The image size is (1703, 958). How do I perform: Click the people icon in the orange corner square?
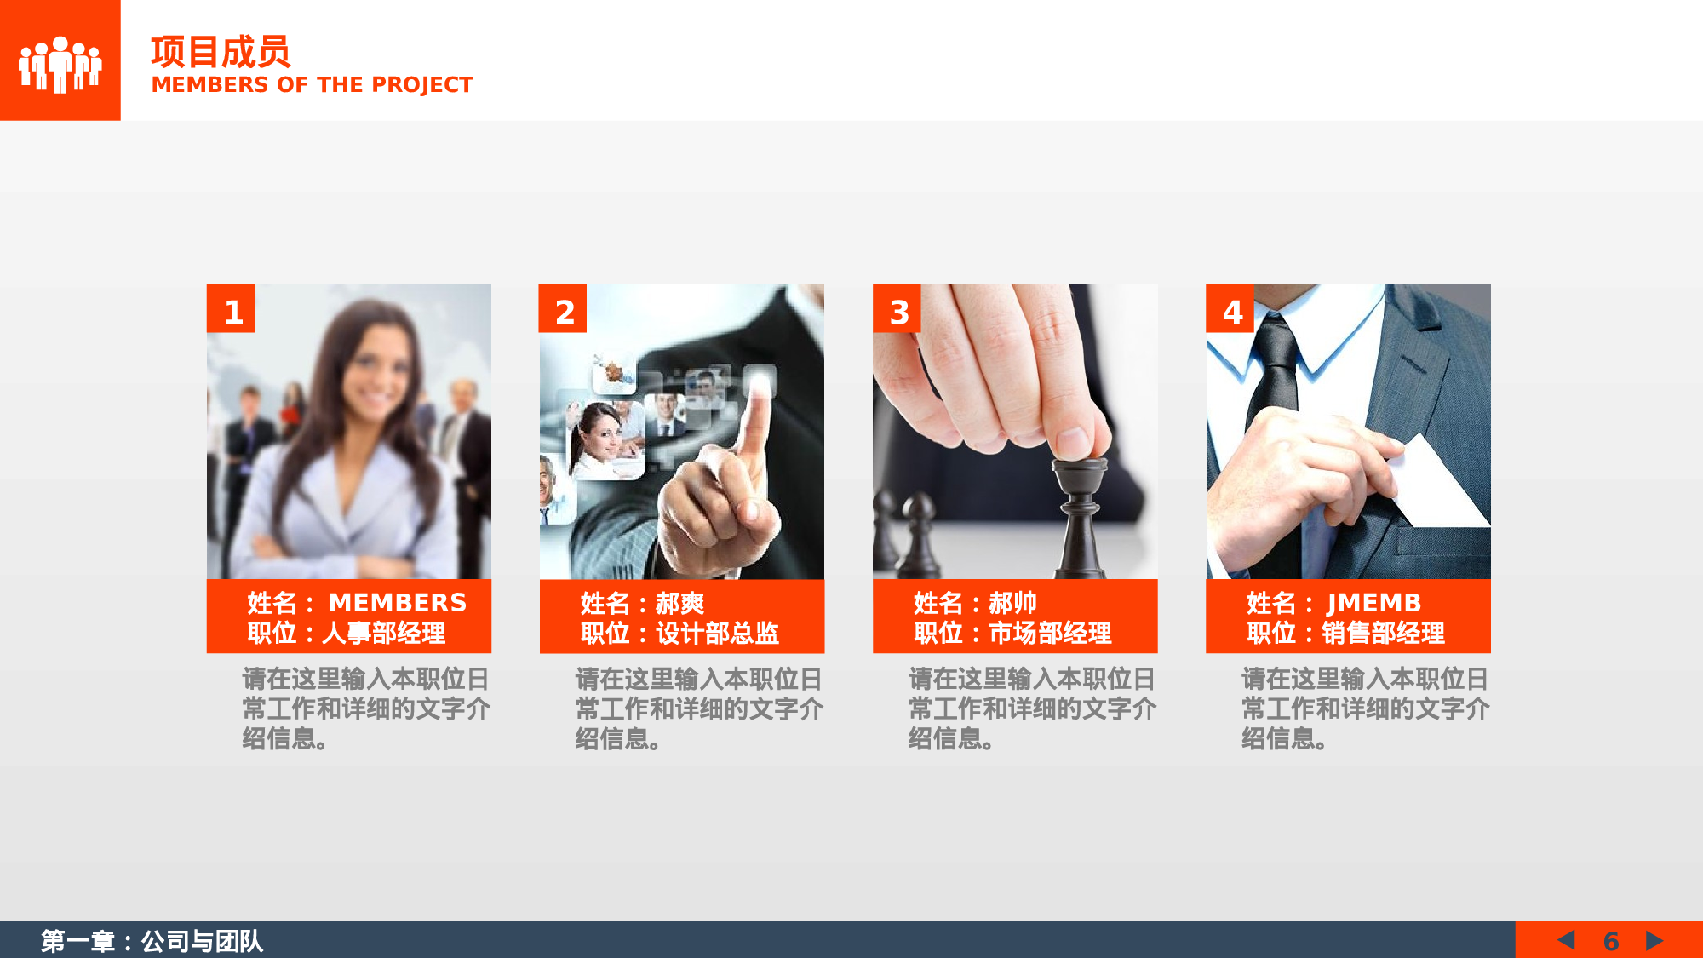coord(60,63)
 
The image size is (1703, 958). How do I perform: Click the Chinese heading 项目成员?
coord(221,52)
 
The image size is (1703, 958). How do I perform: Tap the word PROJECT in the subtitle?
coord(421,85)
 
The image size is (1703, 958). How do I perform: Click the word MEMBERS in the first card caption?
coord(398,603)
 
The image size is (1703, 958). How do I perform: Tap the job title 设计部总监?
coord(717,633)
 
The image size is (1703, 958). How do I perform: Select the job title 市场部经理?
coord(1050,633)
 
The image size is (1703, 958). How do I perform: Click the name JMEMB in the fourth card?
coord(1373,603)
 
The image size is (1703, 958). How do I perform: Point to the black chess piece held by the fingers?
coord(1080,511)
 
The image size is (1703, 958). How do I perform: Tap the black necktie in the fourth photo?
coord(1273,375)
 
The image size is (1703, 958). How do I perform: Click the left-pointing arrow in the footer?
coord(1566,940)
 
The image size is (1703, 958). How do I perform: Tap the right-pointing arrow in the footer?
coord(1654,940)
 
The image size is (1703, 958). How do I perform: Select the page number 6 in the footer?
coord(1610,941)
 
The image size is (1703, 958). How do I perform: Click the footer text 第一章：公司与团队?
coord(152,941)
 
